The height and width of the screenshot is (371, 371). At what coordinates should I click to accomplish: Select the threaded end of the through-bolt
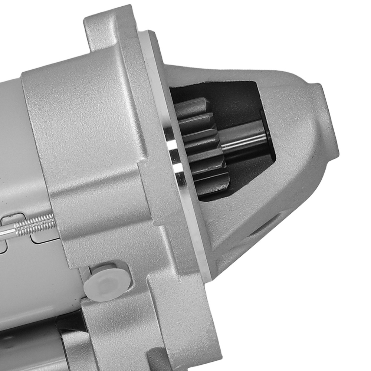pos(37,224)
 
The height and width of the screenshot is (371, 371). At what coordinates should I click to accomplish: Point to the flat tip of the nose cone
pos(328,122)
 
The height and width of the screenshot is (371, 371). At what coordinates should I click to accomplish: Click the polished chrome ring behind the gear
pos(174,148)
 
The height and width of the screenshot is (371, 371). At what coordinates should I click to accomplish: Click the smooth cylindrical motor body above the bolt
pos(15,148)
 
